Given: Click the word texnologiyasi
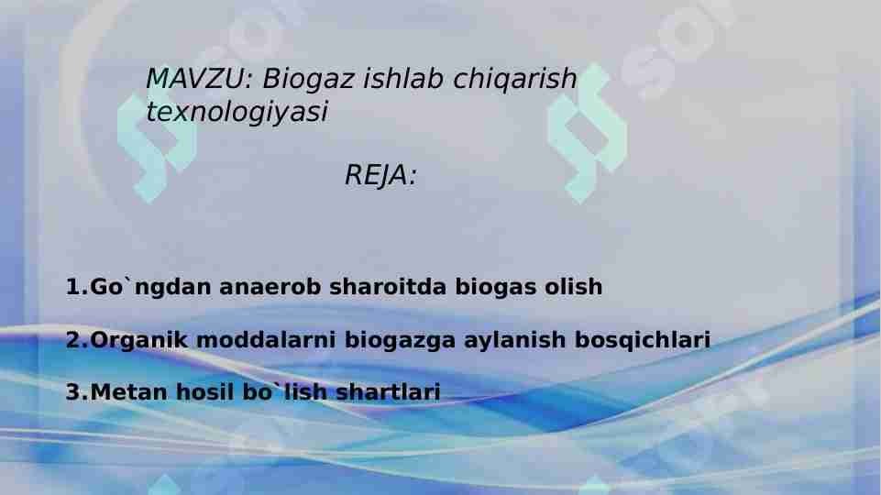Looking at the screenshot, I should point(237,113).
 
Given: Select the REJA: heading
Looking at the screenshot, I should point(380,176).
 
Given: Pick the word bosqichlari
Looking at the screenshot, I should point(642,341).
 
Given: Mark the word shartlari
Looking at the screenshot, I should point(389,393).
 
